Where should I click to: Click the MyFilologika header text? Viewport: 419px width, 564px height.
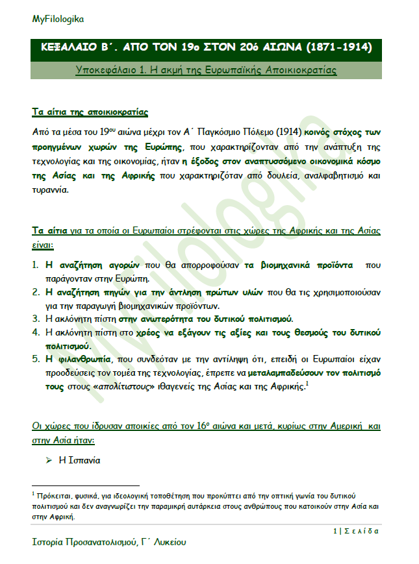coord(58,19)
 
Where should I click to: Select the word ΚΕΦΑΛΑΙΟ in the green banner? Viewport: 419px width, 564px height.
coord(70,48)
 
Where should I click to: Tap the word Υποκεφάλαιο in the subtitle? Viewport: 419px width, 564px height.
coord(107,69)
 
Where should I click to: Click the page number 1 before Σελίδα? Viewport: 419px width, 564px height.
coord(334,530)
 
